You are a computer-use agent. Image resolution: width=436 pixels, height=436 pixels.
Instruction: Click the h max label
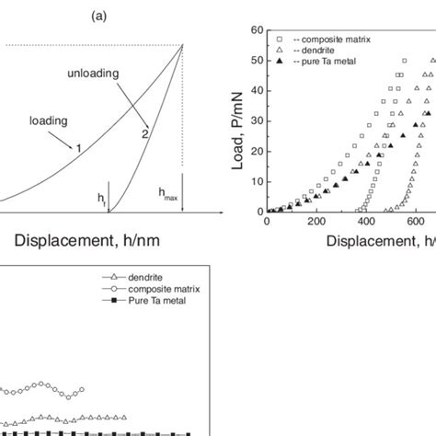pyautogui.click(x=168, y=194)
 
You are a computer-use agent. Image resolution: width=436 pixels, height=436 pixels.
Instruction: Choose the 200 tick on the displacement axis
pyautogui.click(x=316, y=222)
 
